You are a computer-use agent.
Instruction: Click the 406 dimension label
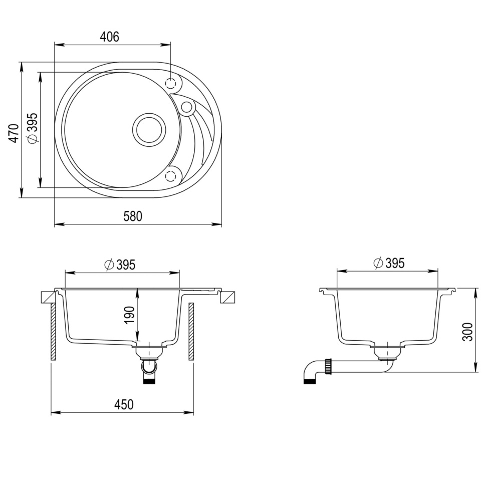[x=109, y=37]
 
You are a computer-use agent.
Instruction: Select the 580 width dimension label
[x=133, y=216]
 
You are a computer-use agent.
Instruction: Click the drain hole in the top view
[x=149, y=129]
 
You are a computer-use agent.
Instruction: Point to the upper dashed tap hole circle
[x=171, y=83]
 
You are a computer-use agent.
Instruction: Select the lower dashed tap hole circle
[x=171, y=175]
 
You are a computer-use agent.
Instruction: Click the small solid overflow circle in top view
[x=186, y=107]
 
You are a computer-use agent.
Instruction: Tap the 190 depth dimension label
[x=130, y=315]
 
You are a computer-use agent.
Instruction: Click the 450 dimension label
[x=124, y=404]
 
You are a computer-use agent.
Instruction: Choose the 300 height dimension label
[x=467, y=332]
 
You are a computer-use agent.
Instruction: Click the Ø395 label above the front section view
[x=120, y=265]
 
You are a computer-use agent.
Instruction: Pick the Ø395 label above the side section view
[x=389, y=263]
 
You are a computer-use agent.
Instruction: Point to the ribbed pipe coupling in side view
[x=329, y=366]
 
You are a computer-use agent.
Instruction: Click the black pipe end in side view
[x=309, y=381]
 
